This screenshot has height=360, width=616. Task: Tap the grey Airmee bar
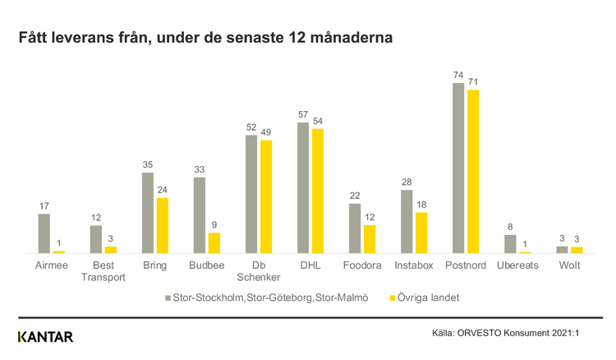(44, 233)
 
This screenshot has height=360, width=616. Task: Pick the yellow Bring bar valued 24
(163, 225)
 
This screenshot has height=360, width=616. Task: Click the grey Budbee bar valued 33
(200, 215)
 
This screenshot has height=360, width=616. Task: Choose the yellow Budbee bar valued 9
(214, 242)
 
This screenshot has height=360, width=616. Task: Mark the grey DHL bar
(303, 187)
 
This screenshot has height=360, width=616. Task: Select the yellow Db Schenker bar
(266, 196)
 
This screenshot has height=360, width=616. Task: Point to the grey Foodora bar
(355, 228)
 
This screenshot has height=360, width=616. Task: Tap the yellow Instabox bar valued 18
(421, 233)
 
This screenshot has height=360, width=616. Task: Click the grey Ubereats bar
(510, 244)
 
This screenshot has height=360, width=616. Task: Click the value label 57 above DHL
(303, 114)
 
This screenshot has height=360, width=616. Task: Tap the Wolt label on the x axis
(569, 266)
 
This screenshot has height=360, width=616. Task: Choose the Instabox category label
(414, 266)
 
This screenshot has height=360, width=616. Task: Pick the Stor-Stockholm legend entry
(267, 296)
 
